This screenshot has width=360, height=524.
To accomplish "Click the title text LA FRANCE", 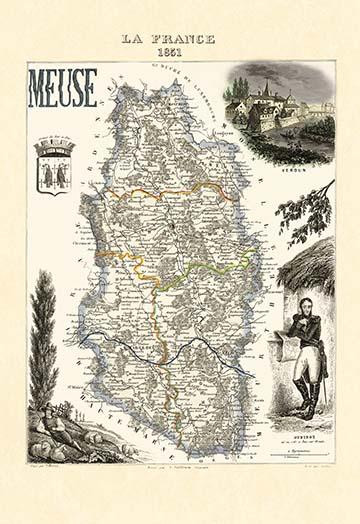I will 168,38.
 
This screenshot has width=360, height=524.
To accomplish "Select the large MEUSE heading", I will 62,88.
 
